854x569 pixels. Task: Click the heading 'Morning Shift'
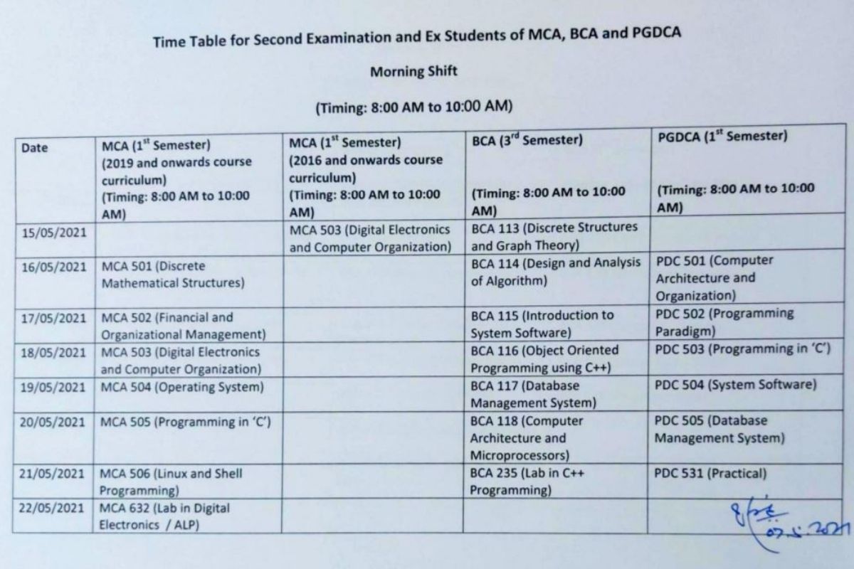pyautogui.click(x=413, y=72)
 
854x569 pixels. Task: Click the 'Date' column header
pyautogui.click(x=35, y=148)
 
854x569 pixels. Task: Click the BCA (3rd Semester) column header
pyautogui.click(x=527, y=140)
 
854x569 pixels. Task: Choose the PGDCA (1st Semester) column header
pyautogui.click(x=722, y=137)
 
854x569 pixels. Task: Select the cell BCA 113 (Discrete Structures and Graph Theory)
pyautogui.click(x=555, y=236)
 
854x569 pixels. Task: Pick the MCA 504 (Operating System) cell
pyautogui.click(x=181, y=388)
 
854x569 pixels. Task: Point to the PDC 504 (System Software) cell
pyautogui.click(x=735, y=385)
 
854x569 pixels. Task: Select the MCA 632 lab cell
pyautogui.click(x=164, y=517)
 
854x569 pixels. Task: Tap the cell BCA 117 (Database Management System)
pyautogui.click(x=534, y=394)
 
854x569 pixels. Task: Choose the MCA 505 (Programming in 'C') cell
pyautogui.click(x=186, y=422)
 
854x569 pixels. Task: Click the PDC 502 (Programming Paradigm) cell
pyautogui.click(x=724, y=322)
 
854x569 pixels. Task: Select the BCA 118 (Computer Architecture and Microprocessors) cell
pyautogui.click(x=527, y=437)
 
